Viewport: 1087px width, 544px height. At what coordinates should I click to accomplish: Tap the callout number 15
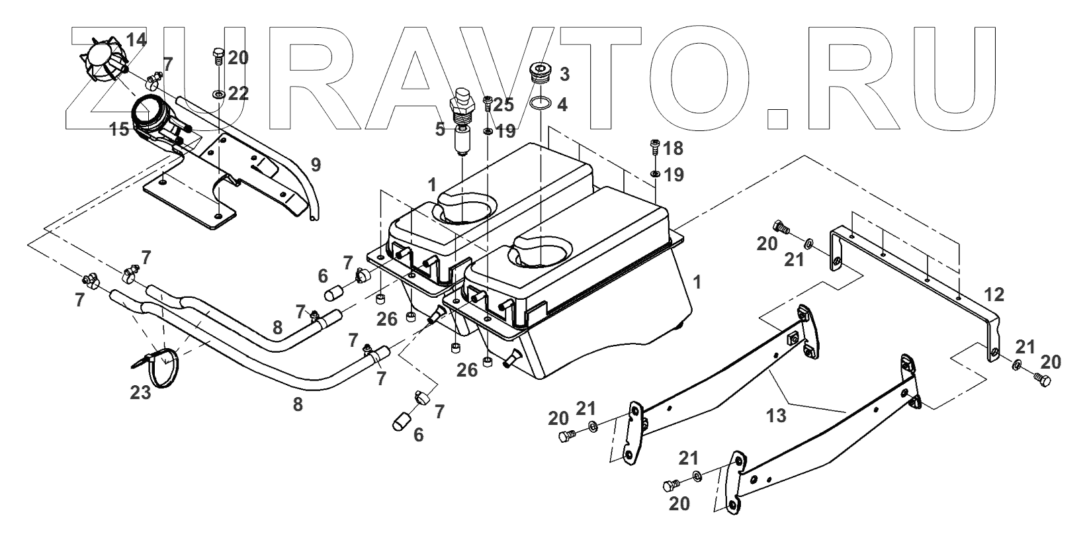point(120,130)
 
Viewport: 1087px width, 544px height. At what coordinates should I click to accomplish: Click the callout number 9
point(315,162)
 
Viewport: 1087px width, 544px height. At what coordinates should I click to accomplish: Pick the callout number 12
point(994,294)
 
